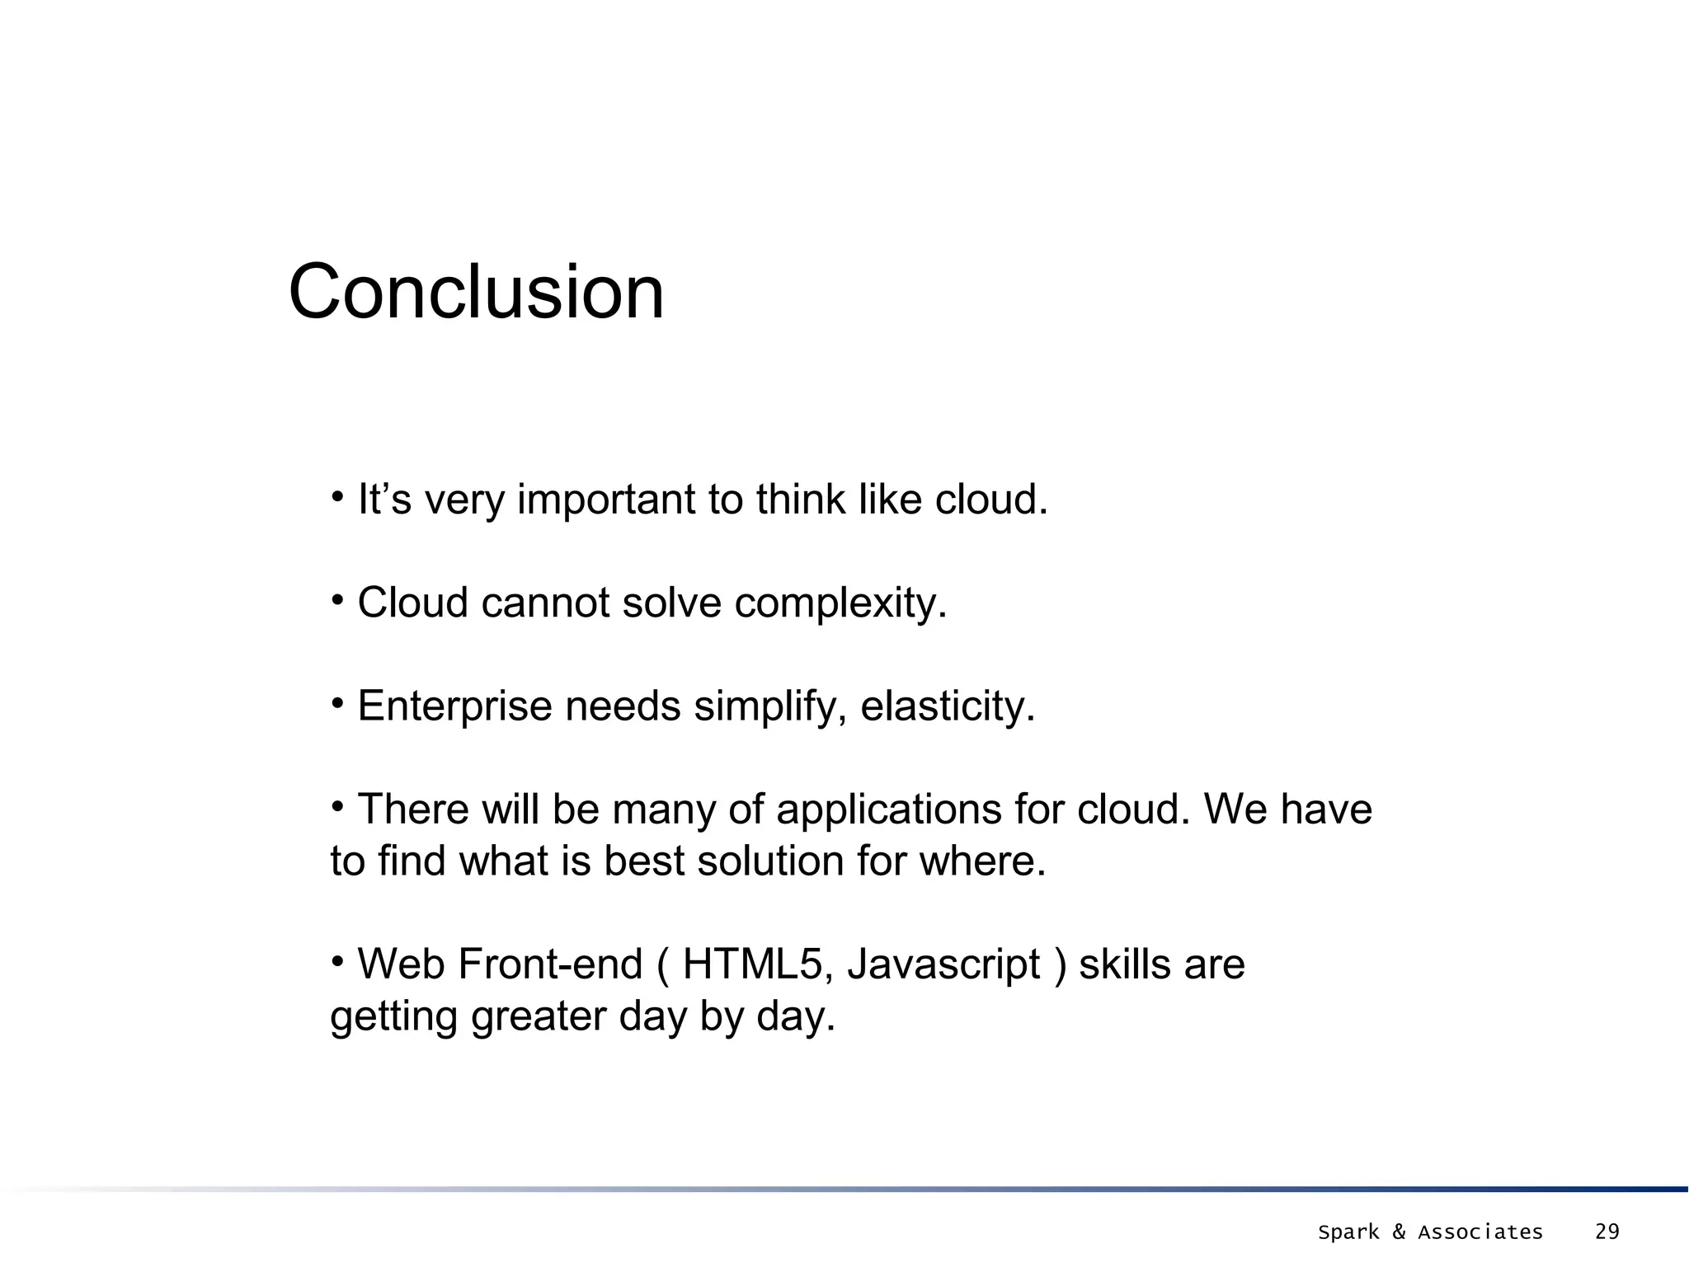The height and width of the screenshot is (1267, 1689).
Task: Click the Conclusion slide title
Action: point(476,292)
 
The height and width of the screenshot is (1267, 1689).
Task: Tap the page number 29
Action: point(1607,1232)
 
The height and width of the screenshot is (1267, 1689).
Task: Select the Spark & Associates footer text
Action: point(1430,1232)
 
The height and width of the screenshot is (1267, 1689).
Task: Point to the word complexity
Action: point(840,603)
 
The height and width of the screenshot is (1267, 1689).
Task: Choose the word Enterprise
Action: point(454,706)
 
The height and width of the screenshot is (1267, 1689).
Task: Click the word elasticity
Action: point(948,706)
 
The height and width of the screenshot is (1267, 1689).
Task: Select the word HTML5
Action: point(752,964)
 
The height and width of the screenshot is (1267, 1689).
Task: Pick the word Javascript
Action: point(943,964)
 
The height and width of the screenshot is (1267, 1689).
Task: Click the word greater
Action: point(539,1016)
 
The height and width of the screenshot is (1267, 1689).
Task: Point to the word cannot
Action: point(545,603)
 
